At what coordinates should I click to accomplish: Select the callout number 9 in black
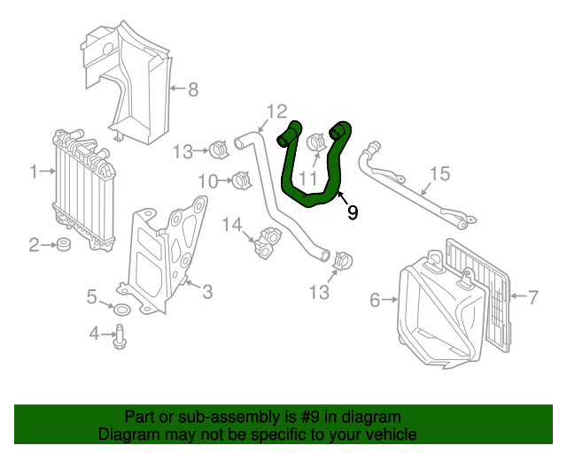[353, 212]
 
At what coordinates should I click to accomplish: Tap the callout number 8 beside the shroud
[192, 88]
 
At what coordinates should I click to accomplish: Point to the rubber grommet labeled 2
[65, 244]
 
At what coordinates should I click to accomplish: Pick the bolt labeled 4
[118, 334]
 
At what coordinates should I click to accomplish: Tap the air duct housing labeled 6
[439, 310]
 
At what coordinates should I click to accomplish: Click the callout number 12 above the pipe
[276, 111]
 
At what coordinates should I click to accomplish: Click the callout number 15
[440, 173]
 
